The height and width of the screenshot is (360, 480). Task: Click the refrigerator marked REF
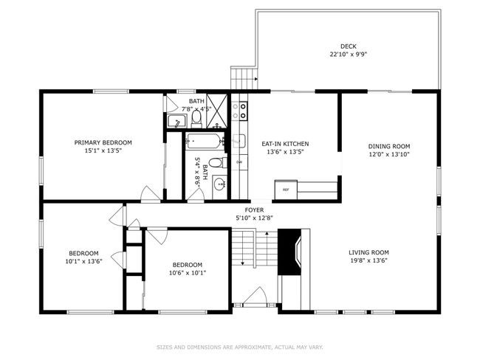click(286, 190)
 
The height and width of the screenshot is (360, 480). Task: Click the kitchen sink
click(239, 140)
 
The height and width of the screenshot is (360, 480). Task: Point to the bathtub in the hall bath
click(204, 141)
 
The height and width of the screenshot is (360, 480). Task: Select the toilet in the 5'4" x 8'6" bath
click(215, 162)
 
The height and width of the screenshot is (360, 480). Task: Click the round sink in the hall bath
click(219, 185)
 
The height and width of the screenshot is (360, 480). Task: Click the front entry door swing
click(255, 297)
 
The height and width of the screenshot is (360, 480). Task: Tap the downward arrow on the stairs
click(243, 257)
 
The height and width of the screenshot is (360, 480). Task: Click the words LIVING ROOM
click(368, 252)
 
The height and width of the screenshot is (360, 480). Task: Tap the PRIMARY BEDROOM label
click(103, 142)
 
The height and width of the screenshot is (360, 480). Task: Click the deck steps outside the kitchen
click(241, 78)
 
